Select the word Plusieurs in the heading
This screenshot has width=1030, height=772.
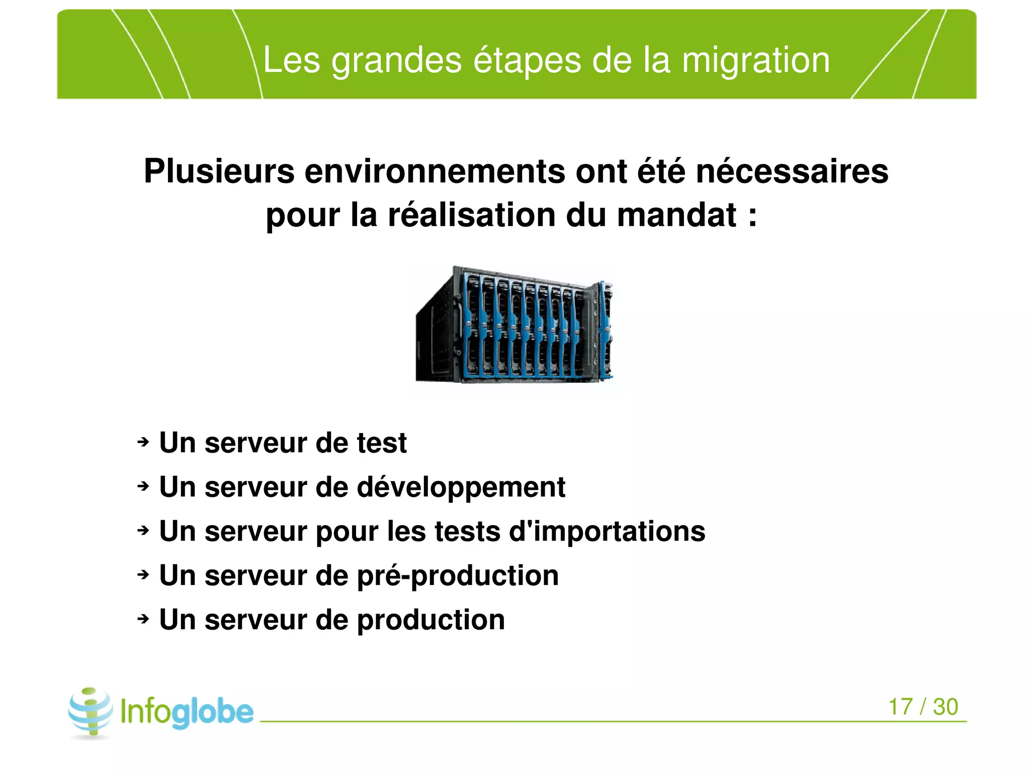pos(219,171)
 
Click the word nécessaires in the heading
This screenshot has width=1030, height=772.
pos(792,171)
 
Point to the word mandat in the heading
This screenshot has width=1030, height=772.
pos(676,215)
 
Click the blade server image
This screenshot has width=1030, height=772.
pos(514,324)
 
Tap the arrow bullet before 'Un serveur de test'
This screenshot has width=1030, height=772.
pos(143,442)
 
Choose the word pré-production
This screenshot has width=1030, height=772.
pos(458,576)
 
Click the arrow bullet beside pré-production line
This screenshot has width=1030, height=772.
pos(143,574)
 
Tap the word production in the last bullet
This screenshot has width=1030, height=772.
pos(431,620)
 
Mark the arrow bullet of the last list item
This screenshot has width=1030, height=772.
pos(143,619)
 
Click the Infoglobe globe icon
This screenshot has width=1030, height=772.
pos(91,712)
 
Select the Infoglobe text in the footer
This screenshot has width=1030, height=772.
pos(187,712)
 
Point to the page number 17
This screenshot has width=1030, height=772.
pos(900,707)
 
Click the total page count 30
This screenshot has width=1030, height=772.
pos(946,707)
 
